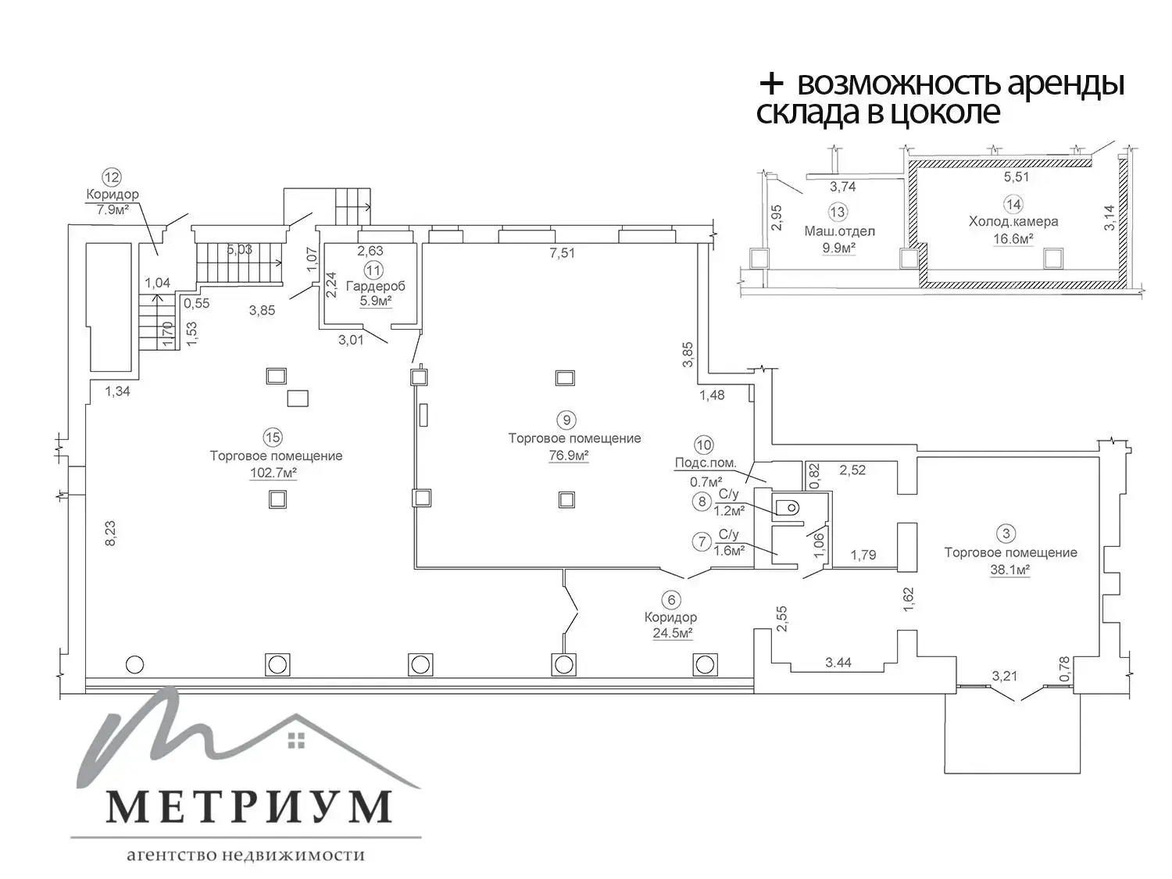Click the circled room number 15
tap(273, 438)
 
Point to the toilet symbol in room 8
tap(789, 509)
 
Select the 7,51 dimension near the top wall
tap(562, 252)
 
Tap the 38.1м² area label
tap(1010, 570)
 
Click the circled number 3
tap(1006, 534)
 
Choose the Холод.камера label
tap(1013, 222)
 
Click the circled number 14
tap(1013, 205)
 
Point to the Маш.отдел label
tap(840, 231)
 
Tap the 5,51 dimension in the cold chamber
tap(1016, 177)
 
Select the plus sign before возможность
tap(771, 84)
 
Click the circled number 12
tap(113, 177)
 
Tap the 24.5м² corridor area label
tap(673, 634)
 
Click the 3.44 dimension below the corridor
tap(838, 663)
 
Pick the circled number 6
tap(670, 600)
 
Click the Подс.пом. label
tap(706, 463)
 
